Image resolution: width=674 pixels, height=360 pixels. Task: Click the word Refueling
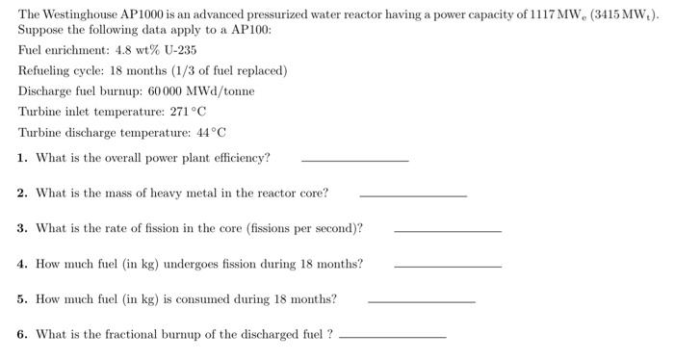pyautogui.click(x=47, y=71)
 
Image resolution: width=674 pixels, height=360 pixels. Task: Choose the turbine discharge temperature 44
pyautogui.click(x=194, y=133)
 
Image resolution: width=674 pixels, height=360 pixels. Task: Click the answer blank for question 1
pyautogui.click(x=354, y=160)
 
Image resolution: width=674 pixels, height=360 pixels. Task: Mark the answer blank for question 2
pyautogui.click(x=412, y=195)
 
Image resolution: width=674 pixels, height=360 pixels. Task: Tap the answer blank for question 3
pyautogui.click(x=448, y=231)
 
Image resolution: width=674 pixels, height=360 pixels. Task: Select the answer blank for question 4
pyautogui.click(x=448, y=266)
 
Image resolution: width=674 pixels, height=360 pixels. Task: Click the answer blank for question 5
pyautogui.click(x=422, y=301)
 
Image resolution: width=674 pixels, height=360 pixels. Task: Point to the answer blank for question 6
pyautogui.click(x=393, y=336)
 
